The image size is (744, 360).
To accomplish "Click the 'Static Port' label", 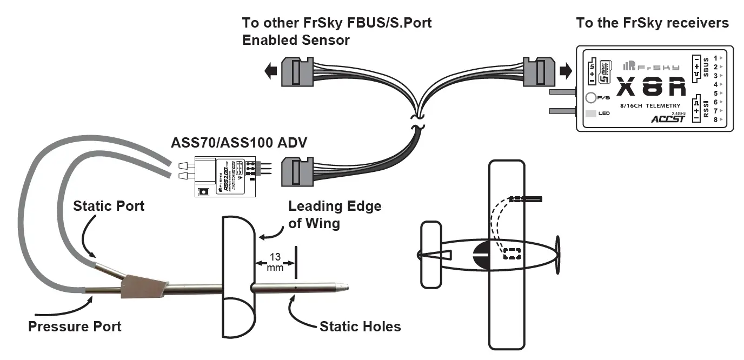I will [109, 206].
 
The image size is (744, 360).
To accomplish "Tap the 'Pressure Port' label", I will [75, 326].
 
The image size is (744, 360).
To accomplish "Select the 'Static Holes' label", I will [360, 326].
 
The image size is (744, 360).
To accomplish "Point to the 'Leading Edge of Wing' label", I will [334, 215].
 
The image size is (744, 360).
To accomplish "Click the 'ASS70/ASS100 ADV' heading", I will [239, 143].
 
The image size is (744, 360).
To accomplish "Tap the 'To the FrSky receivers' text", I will [652, 23].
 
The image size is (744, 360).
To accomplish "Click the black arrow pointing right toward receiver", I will [565, 70].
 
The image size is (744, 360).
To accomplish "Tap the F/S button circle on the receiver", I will [591, 98].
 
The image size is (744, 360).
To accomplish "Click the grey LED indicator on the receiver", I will [591, 114].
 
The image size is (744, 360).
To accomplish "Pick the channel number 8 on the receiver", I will [715, 119].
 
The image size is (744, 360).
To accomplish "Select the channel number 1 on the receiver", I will [715, 58].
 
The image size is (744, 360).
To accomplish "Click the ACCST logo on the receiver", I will [669, 118].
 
